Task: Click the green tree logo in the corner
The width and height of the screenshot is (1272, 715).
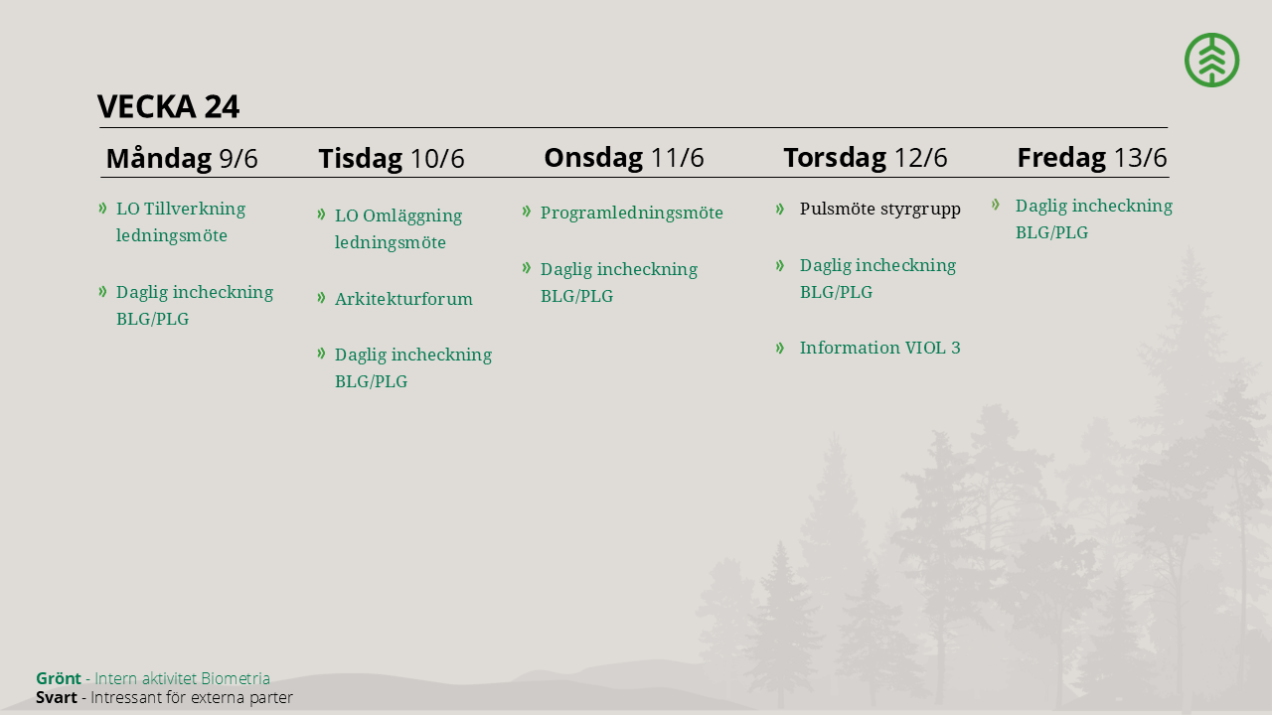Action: point(1211,60)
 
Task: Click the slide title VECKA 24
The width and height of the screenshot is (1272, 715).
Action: point(168,106)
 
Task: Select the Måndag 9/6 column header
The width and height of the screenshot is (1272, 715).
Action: point(182,158)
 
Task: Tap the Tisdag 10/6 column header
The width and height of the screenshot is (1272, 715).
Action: point(392,158)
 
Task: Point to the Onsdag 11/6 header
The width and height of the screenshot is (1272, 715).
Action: point(624,157)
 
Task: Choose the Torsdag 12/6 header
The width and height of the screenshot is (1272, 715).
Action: point(866,157)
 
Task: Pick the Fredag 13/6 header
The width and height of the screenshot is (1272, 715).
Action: point(1092,157)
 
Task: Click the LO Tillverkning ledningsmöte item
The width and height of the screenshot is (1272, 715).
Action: point(181,221)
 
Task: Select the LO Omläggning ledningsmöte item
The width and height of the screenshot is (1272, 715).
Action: point(398,228)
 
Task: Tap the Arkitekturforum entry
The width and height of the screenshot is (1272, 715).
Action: point(403,299)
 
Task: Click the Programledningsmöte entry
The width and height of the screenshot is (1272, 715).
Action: point(631,213)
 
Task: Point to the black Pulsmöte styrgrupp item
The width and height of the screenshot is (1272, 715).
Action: point(880,209)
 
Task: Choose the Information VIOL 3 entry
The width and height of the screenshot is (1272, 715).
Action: point(879,348)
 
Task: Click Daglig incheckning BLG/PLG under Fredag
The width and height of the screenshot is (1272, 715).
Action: point(1094,219)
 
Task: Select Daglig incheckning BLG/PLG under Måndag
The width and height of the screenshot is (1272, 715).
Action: point(194,305)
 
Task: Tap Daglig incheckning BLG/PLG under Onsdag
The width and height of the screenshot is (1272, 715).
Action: point(618,283)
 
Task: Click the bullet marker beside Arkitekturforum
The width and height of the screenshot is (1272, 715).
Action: point(321,297)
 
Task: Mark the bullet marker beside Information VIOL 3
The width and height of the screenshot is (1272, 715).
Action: point(780,348)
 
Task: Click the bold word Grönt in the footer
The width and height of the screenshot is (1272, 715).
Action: point(59,678)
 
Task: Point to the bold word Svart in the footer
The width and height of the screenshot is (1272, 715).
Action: point(57,697)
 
